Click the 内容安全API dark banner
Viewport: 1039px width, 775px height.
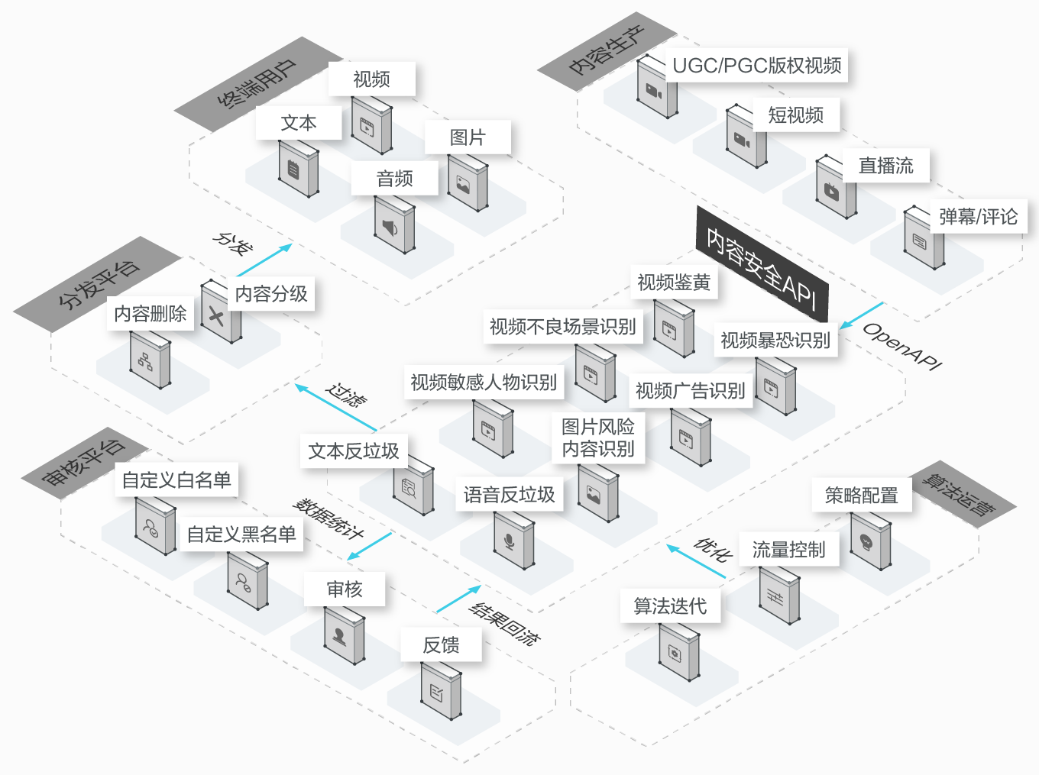pyautogui.click(x=762, y=264)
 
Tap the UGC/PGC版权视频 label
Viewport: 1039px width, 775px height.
pyautogui.click(x=757, y=66)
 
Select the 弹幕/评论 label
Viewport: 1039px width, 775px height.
pyautogui.click(x=978, y=217)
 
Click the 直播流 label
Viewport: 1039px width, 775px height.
pyautogui.click(x=885, y=166)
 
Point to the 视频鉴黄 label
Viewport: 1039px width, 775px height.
pyautogui.click(x=674, y=283)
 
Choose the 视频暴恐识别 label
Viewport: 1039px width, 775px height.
pyautogui.click(x=775, y=340)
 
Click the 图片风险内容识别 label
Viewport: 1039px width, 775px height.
pyautogui.click(x=598, y=438)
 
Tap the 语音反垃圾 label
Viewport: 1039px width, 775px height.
pyautogui.click(x=509, y=495)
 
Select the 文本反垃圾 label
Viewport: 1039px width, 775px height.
pyautogui.click(x=354, y=450)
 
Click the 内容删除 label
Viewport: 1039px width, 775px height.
pyautogui.click(x=151, y=313)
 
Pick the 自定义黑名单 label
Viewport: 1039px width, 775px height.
pyautogui.click(x=241, y=534)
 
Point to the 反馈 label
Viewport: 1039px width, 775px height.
pyautogui.click(x=441, y=645)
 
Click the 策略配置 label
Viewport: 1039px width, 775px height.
pyautogui.click(x=861, y=496)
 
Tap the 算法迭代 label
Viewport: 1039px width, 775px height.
pyautogui.click(x=670, y=606)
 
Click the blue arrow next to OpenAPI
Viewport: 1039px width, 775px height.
pyautogui.click(x=861, y=315)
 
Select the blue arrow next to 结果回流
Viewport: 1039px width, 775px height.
pyautogui.click(x=458, y=599)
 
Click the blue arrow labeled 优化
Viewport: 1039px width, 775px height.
pyautogui.click(x=695, y=560)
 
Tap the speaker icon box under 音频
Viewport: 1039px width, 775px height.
pyautogui.click(x=394, y=226)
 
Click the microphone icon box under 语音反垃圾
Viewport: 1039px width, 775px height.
pyautogui.click(x=514, y=541)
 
